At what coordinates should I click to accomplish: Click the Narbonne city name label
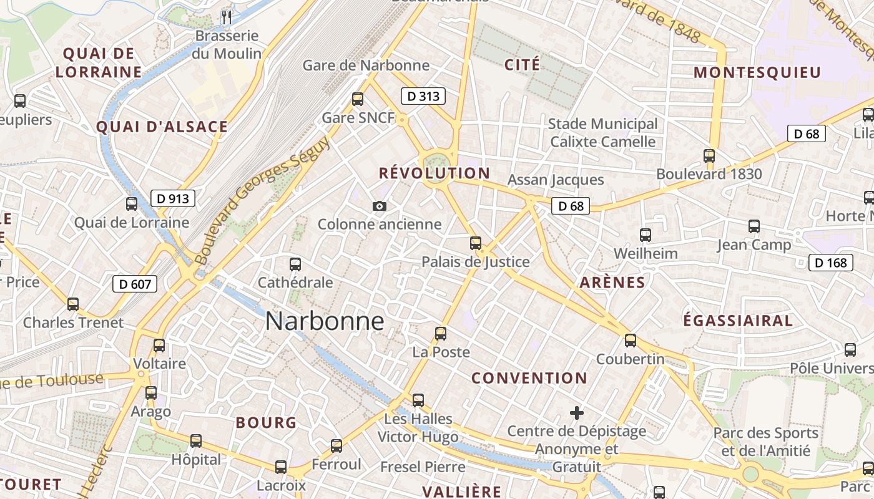coord(324,321)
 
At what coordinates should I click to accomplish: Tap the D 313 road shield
coord(423,96)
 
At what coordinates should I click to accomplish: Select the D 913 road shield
coord(173,199)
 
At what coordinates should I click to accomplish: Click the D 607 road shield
coord(134,284)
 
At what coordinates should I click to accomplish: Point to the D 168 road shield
coord(831,263)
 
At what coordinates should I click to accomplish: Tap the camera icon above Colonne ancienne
coord(379,206)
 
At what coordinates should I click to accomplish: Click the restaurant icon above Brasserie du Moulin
coord(227,17)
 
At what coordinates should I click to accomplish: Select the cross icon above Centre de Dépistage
coord(577,412)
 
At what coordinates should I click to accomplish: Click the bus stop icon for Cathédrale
coord(295,264)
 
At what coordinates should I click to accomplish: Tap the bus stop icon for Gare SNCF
coord(358,99)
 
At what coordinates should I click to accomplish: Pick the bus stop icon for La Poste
coord(441,334)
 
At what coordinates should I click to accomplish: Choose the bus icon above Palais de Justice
coord(476,243)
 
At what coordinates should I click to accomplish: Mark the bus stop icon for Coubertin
coord(631,341)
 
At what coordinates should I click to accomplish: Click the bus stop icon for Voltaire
coord(159,345)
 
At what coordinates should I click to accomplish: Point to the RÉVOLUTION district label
coord(435,173)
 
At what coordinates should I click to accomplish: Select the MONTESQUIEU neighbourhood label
coord(757,72)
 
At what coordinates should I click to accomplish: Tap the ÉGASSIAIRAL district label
coord(738,321)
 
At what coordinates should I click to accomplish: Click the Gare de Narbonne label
coord(366,65)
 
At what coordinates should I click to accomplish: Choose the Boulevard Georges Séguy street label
coord(262,200)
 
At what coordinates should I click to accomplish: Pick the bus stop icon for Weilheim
coord(646,235)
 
